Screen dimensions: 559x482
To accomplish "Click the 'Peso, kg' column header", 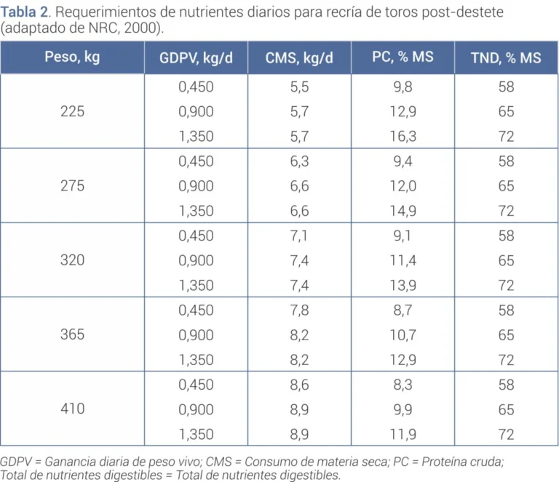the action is pyautogui.click(x=72, y=57).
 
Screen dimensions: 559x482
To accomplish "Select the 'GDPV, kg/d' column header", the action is pyautogui.click(x=196, y=57).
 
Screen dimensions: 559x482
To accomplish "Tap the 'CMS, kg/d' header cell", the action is pyautogui.click(x=299, y=57).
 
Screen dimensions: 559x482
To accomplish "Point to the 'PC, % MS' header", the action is pyautogui.click(x=403, y=57).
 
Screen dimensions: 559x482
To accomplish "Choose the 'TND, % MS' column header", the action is pyautogui.click(x=506, y=57).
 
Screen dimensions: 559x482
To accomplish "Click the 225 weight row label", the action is pyautogui.click(x=72, y=111).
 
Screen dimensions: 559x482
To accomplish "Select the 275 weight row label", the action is pyautogui.click(x=72, y=186).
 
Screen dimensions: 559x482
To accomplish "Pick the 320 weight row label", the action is pyautogui.click(x=72, y=260).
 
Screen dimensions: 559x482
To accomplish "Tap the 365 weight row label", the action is pyautogui.click(x=72, y=334).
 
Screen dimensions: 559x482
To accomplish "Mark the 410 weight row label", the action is pyautogui.click(x=72, y=409).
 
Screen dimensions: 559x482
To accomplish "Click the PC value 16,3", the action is pyautogui.click(x=403, y=137).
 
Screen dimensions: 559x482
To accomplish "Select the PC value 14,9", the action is pyautogui.click(x=403, y=211).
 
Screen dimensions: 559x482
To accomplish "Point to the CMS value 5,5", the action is pyautogui.click(x=299, y=87).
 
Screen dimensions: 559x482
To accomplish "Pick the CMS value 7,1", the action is pyautogui.click(x=298, y=236).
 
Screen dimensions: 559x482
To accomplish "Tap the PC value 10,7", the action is pyautogui.click(x=403, y=335).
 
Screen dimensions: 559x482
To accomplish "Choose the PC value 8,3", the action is pyautogui.click(x=403, y=385).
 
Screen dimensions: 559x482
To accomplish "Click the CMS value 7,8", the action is pyautogui.click(x=299, y=310).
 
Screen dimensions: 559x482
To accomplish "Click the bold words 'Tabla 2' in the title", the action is pyautogui.click(x=24, y=12).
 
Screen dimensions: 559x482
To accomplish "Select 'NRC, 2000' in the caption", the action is pyautogui.click(x=123, y=28).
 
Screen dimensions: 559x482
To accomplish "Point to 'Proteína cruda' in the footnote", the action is pyautogui.click(x=462, y=462).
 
